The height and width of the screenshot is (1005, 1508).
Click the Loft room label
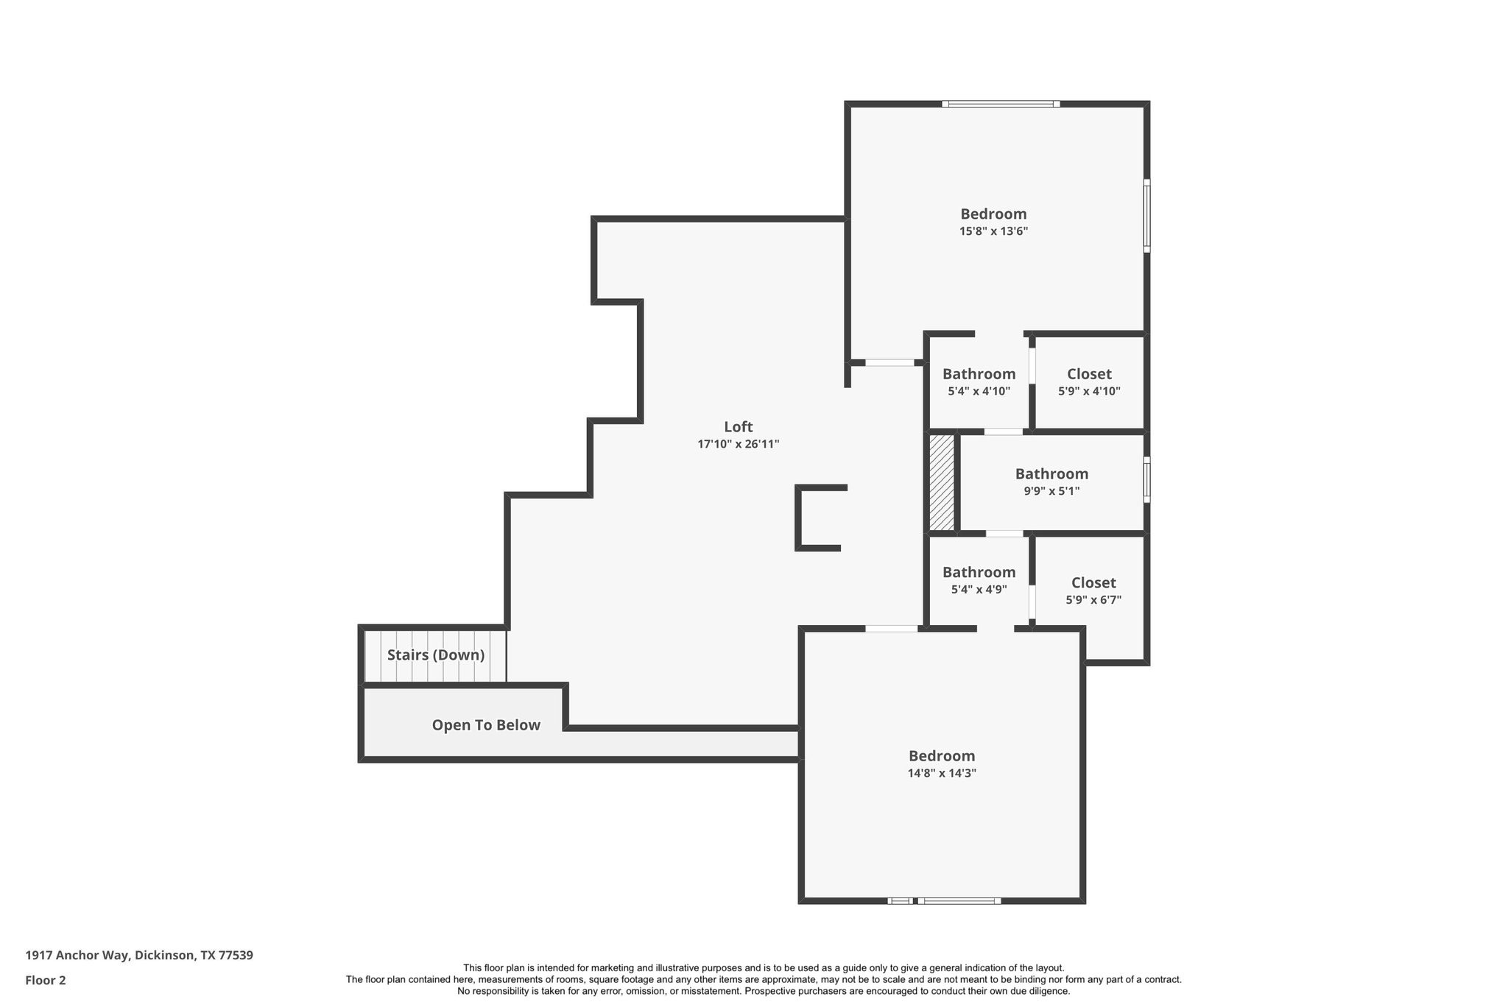(x=738, y=427)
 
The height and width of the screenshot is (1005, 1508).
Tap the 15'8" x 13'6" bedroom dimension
(x=993, y=231)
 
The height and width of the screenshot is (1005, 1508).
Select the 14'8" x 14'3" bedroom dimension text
(x=942, y=773)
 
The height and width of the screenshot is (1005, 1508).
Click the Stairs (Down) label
(x=436, y=655)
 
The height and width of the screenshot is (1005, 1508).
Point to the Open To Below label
(x=486, y=725)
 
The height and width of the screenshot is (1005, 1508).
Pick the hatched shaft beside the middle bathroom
(x=941, y=482)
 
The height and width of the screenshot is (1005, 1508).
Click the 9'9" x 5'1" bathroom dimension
(x=1051, y=491)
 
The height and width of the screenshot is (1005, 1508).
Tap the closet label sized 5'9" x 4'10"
(x=1089, y=374)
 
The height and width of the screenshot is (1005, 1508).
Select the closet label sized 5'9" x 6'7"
(x=1093, y=582)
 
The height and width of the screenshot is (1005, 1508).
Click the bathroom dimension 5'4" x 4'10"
(x=979, y=392)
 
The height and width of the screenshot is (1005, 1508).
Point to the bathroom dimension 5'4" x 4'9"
(x=979, y=590)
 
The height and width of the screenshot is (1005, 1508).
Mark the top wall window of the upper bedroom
(x=1001, y=104)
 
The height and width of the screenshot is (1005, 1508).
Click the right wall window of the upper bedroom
(x=1146, y=216)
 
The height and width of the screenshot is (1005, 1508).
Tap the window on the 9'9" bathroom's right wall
(x=1146, y=479)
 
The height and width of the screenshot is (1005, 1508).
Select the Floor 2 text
(x=46, y=980)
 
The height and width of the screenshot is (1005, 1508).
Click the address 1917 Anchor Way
(x=139, y=955)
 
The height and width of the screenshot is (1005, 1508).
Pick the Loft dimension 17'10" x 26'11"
(x=738, y=444)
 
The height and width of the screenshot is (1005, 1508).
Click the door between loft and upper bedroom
(x=889, y=362)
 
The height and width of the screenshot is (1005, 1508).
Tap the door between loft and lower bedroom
(x=891, y=628)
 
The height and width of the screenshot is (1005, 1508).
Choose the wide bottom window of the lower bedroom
(x=959, y=900)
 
